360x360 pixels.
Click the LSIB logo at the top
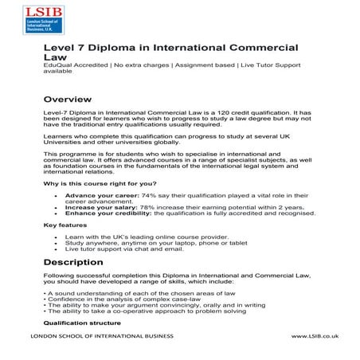68,22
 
